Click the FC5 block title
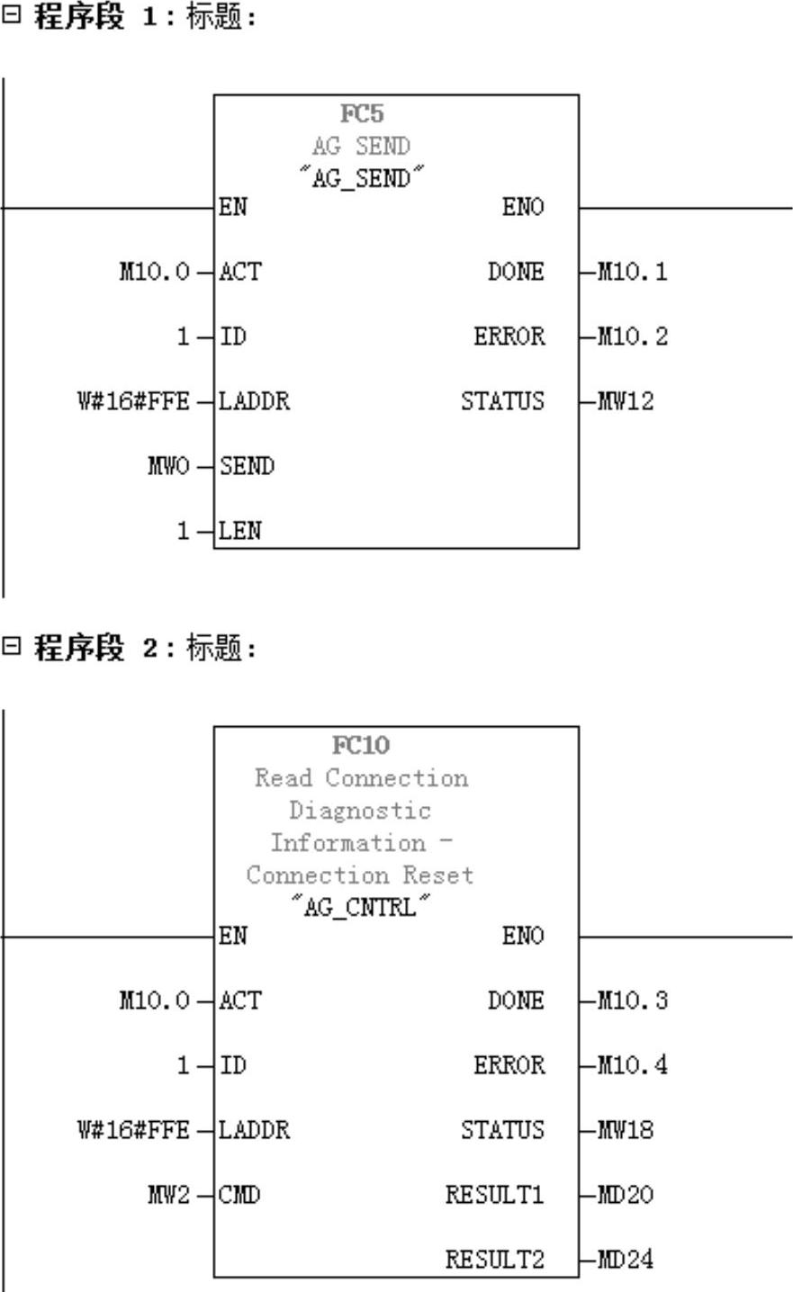pyautogui.click(x=361, y=114)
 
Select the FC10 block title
pyautogui.click(x=361, y=746)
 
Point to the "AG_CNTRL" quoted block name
pyautogui.click(x=360, y=907)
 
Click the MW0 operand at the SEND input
pyautogui.click(x=167, y=466)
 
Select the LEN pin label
pyautogui.click(x=240, y=531)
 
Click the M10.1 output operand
pyautogui.click(x=634, y=272)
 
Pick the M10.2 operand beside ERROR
pyautogui.click(x=634, y=336)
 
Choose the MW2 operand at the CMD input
pyautogui.click(x=167, y=1195)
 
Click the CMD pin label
pyautogui.click(x=239, y=1195)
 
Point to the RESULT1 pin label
pyautogui.click(x=495, y=1195)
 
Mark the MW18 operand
pyautogui.click(x=626, y=1130)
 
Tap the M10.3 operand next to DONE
pyautogui.click(x=634, y=1000)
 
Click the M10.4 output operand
pyautogui.click(x=634, y=1065)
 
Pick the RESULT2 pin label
pyautogui.click(x=495, y=1260)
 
